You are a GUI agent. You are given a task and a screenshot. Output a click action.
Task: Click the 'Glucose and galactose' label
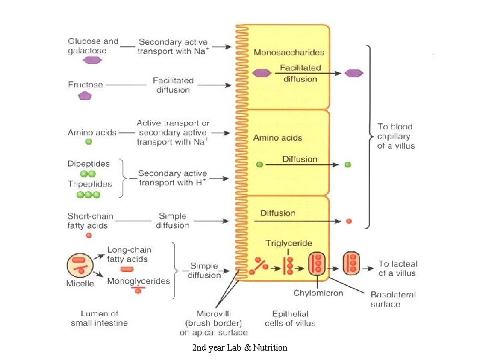pos(93,46)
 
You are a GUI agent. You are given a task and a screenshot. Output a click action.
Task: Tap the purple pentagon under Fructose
pos(85,95)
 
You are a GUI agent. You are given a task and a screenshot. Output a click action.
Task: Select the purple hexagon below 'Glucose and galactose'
pos(92,60)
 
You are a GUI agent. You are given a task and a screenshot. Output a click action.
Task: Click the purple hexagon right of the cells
pos(355,73)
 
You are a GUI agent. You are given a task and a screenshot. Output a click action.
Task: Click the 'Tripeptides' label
pos(89,184)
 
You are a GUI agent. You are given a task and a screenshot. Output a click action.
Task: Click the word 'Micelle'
pos(81,283)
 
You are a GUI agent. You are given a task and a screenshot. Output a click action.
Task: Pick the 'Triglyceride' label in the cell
pos(289,243)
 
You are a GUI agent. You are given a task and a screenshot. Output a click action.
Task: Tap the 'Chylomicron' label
pos(318,293)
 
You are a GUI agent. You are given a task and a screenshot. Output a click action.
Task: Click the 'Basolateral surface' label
pos(393,299)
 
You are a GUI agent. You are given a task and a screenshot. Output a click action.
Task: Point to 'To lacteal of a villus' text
pos(397,268)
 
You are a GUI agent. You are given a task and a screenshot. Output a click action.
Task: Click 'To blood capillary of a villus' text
pos(395,135)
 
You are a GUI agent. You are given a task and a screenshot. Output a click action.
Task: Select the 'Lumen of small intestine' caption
pos(99,318)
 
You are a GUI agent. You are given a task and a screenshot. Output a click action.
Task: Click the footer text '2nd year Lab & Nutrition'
pos(239,347)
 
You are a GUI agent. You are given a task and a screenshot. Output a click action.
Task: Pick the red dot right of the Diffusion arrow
pos(348,221)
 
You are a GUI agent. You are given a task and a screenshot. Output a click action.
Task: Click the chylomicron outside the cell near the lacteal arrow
pos(351,264)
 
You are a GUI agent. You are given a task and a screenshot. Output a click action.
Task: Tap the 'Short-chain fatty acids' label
pos(90,221)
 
